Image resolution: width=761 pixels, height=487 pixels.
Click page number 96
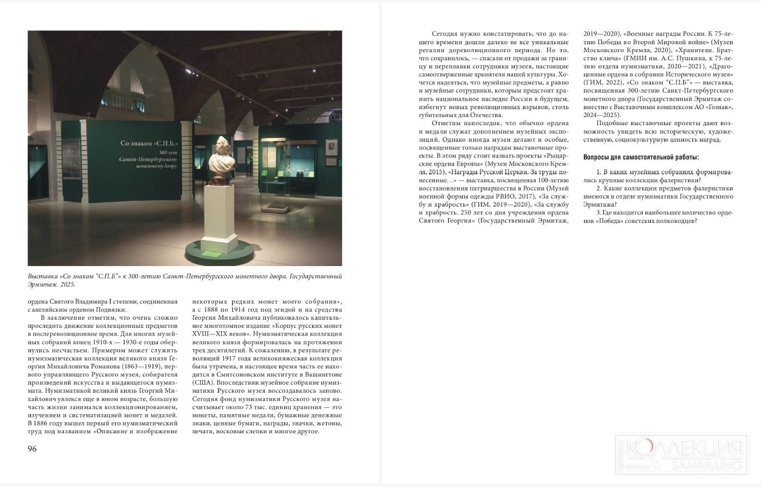coord(32,449)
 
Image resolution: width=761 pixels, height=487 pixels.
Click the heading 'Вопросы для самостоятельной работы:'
coord(641,157)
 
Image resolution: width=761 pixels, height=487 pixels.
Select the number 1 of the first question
coord(599,172)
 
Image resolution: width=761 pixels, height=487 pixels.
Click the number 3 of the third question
coord(599,212)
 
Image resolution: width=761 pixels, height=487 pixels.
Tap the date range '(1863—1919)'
coord(142,366)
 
